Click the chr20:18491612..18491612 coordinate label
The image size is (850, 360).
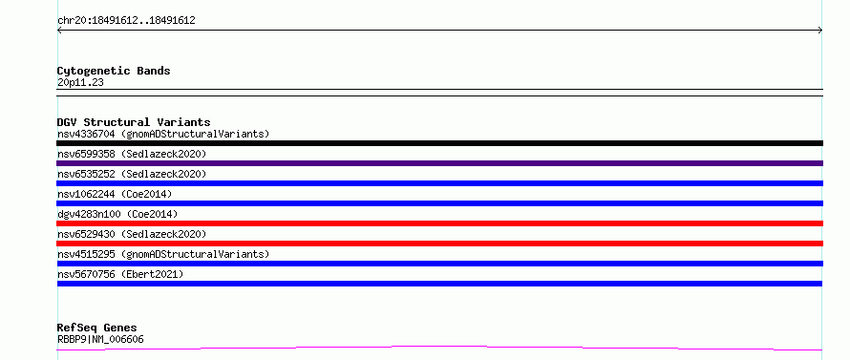[x=126, y=21]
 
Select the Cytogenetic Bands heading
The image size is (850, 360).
[x=114, y=71]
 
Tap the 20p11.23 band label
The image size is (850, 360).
[x=80, y=82]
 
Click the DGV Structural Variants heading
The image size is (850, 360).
[x=134, y=122]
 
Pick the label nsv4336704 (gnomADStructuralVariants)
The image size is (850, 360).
[x=163, y=134]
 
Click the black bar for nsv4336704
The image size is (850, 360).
[x=439, y=143]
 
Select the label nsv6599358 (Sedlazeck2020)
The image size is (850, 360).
[x=132, y=154]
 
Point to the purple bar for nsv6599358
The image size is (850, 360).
[x=439, y=163]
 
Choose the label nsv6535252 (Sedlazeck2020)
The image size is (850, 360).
[x=132, y=174]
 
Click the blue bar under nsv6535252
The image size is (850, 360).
[x=439, y=183]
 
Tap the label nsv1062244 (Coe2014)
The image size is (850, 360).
[x=115, y=194]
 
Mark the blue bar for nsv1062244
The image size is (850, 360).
[x=439, y=203]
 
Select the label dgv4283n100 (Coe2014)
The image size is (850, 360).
[x=117, y=214]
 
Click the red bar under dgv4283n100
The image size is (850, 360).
[x=439, y=223]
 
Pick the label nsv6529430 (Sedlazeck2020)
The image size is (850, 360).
[x=132, y=234]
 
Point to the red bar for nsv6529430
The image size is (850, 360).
[x=439, y=244]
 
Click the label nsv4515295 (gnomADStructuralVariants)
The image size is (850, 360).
[x=163, y=254]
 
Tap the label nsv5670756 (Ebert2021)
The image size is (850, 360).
[x=120, y=274]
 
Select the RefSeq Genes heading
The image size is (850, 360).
[x=96, y=328]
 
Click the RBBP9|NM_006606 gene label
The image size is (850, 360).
[x=100, y=340]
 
